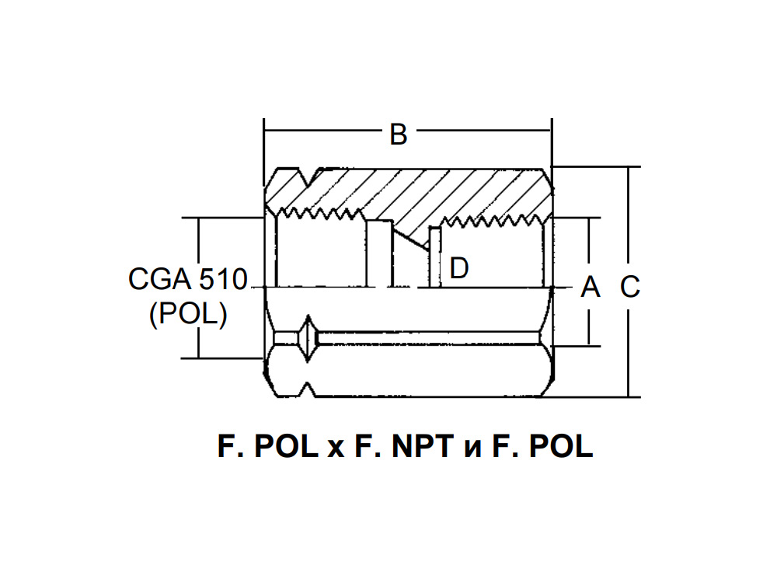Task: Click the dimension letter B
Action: pyautogui.click(x=399, y=134)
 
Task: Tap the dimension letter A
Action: pyautogui.click(x=591, y=287)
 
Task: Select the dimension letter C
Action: pyautogui.click(x=630, y=287)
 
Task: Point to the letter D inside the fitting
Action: pyautogui.click(x=459, y=268)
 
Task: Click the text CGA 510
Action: pyautogui.click(x=188, y=279)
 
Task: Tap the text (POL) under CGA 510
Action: pyautogui.click(x=188, y=314)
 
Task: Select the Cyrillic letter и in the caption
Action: pyautogui.click(x=472, y=449)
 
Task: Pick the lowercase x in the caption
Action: pyautogui.click(x=336, y=449)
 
